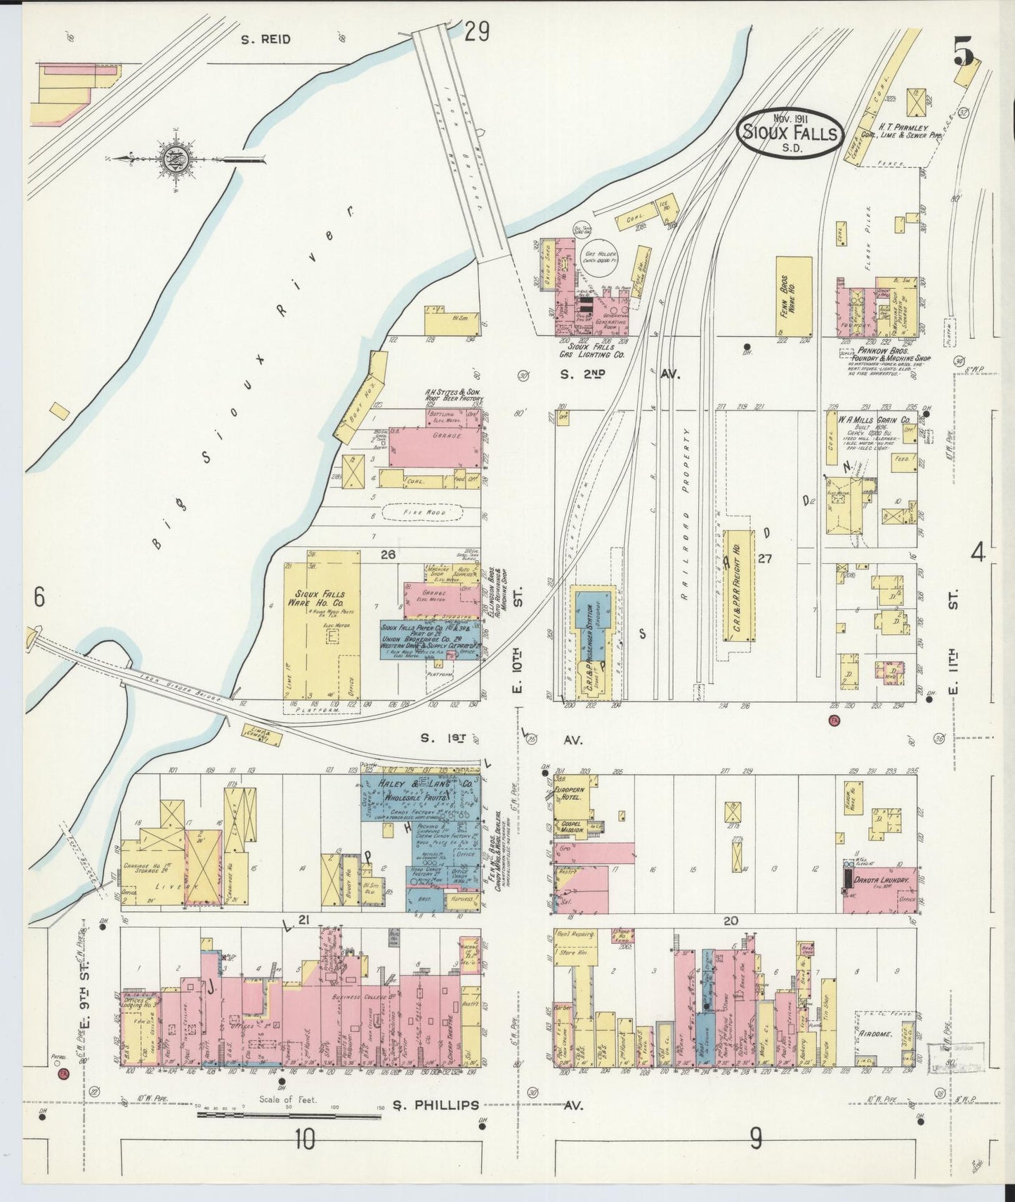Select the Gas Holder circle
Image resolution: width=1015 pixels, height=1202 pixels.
tap(600, 265)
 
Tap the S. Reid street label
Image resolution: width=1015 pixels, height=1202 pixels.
tap(266, 40)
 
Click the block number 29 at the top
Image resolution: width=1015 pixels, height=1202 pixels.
tap(476, 33)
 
